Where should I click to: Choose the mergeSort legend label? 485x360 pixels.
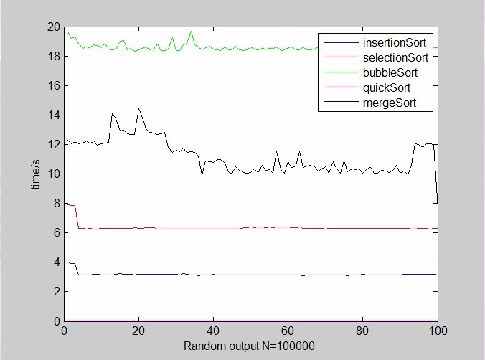pyautogui.click(x=390, y=103)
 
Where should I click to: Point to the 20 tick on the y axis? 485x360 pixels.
pyautogui.click(x=52, y=27)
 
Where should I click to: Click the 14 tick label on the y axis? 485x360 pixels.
pyautogui.click(x=52, y=115)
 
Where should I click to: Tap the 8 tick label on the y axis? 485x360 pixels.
pyautogui.click(x=55, y=204)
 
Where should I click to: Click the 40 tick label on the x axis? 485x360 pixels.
pyautogui.click(x=213, y=331)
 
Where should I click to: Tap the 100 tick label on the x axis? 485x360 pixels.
pyautogui.click(x=437, y=331)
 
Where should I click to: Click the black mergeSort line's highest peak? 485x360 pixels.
pyautogui.click(x=138, y=109)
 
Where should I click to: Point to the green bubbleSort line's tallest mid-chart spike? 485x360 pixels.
pyautogui.click(x=191, y=32)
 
